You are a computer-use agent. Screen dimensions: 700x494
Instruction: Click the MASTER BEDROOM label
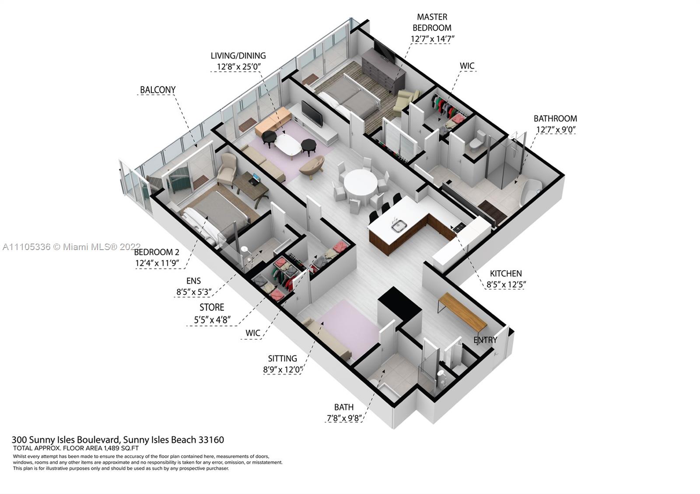click(432, 22)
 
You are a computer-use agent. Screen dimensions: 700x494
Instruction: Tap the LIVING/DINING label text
click(238, 56)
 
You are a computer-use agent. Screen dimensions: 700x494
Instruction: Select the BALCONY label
click(157, 90)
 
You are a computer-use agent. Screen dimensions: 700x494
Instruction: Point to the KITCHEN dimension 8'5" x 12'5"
click(506, 285)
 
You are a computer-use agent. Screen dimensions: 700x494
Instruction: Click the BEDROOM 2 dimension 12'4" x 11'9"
click(157, 263)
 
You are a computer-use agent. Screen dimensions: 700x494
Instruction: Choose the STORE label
click(212, 308)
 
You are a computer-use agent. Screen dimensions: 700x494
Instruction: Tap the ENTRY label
click(485, 340)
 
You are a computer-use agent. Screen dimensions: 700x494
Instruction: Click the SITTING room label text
click(283, 358)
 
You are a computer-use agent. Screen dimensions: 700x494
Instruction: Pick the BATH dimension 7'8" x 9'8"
click(344, 418)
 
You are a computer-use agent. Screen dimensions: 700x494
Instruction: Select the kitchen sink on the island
click(399, 226)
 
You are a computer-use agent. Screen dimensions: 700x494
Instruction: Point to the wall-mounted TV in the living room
click(311, 113)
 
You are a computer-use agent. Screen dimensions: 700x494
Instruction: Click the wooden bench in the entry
click(462, 311)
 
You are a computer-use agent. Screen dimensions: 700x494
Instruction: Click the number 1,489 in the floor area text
click(113, 449)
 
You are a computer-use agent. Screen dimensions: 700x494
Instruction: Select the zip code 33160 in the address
click(211, 440)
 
